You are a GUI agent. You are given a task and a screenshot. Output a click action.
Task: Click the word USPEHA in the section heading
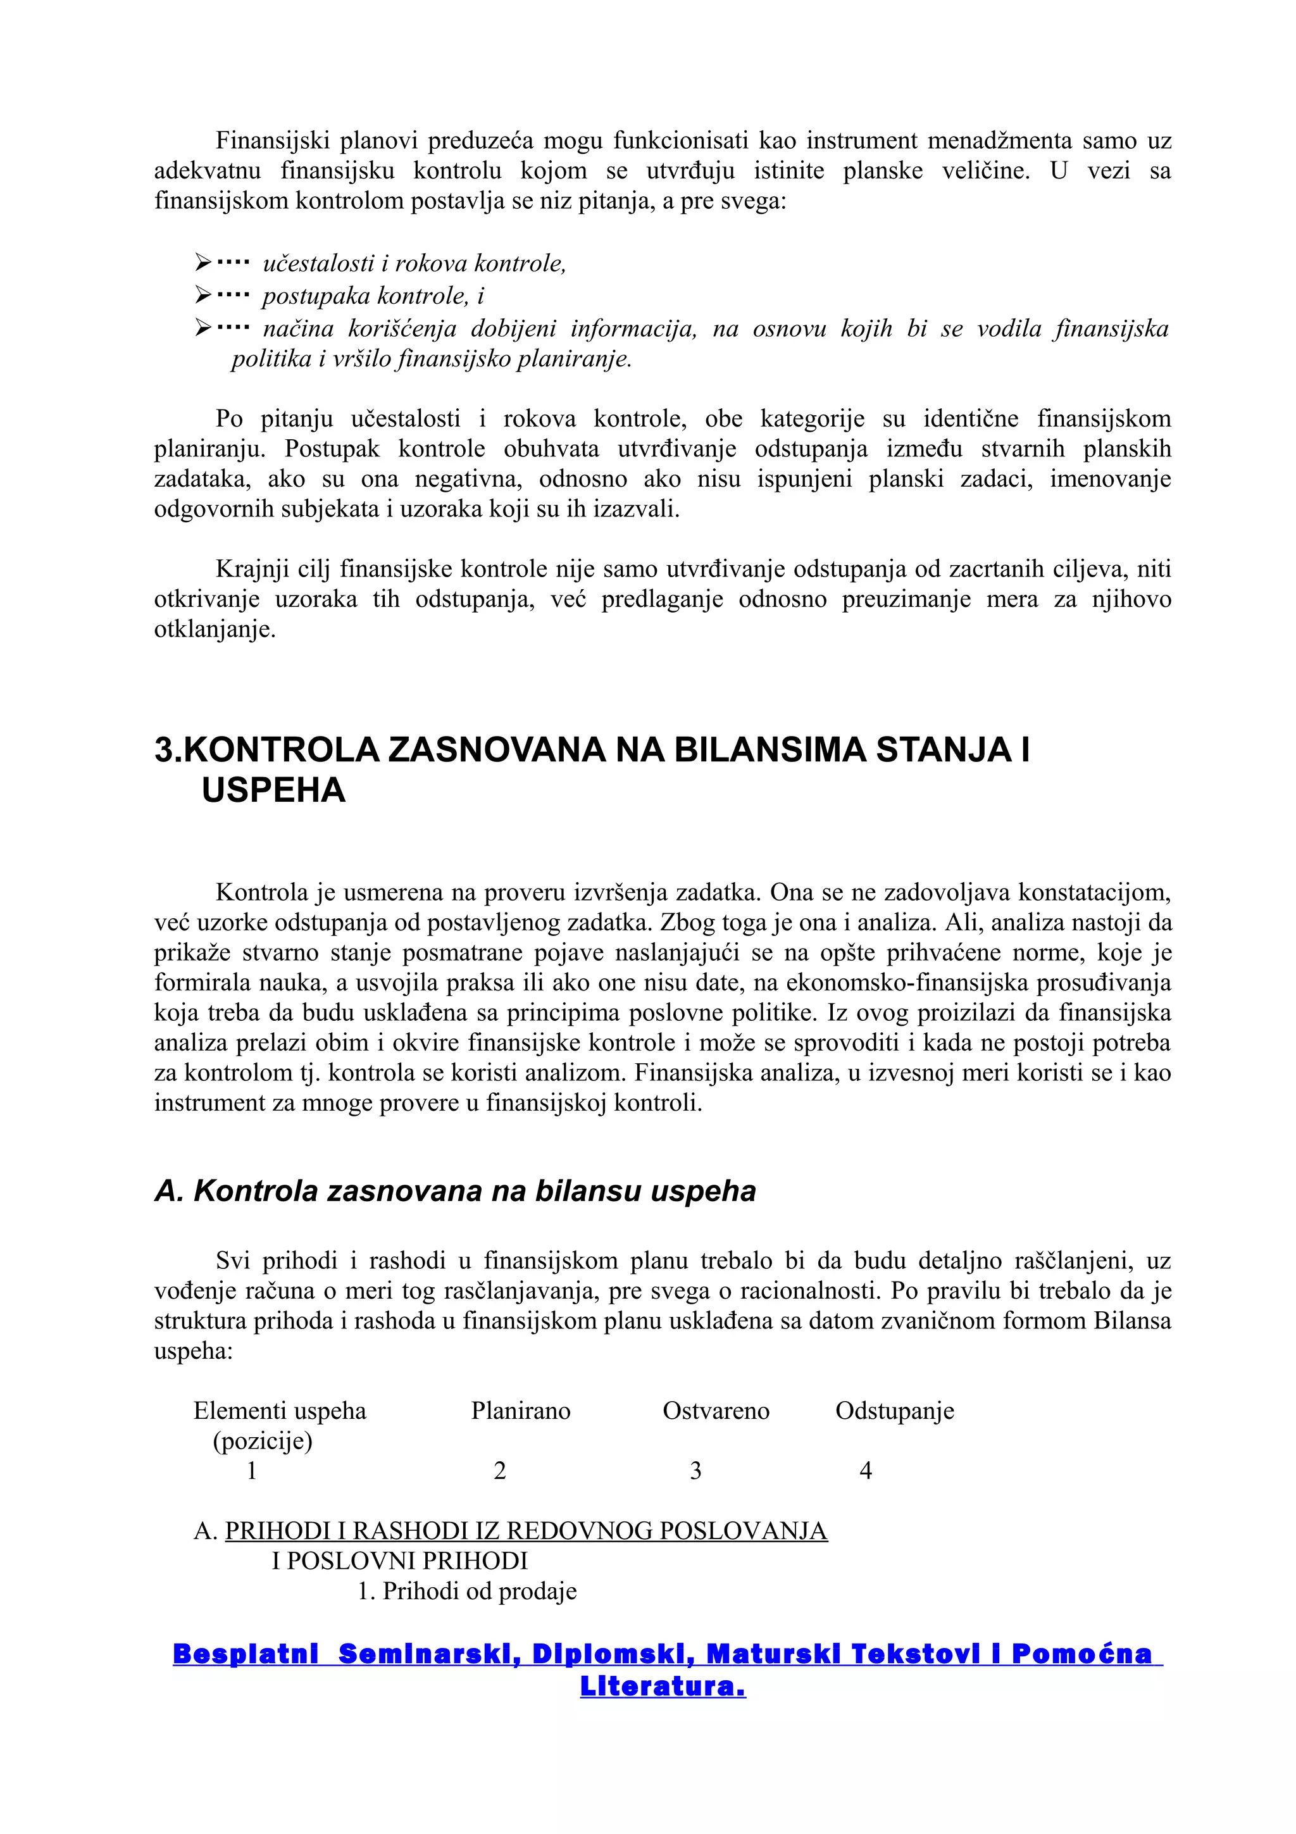coord(273,791)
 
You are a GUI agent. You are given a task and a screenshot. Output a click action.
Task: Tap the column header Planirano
coord(521,1411)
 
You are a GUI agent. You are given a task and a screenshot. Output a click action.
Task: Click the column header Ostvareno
coord(716,1411)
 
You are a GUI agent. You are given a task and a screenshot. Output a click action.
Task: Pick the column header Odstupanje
coord(894,1411)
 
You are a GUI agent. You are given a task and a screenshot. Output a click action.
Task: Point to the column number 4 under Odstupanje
coord(865,1471)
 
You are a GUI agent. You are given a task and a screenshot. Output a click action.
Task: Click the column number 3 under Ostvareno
coord(695,1471)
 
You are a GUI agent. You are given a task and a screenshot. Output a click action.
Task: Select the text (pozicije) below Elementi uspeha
coord(262,1441)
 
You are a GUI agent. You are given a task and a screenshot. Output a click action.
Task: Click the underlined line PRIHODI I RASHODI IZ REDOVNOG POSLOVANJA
coord(525,1530)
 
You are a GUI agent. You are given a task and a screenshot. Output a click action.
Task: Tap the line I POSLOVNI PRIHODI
coord(399,1561)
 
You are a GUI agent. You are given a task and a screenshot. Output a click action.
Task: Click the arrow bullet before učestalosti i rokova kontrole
coord(203,262)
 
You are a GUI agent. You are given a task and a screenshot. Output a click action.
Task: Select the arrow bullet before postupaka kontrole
coord(203,296)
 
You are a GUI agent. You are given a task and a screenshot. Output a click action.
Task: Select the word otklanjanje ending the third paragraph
coord(214,630)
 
